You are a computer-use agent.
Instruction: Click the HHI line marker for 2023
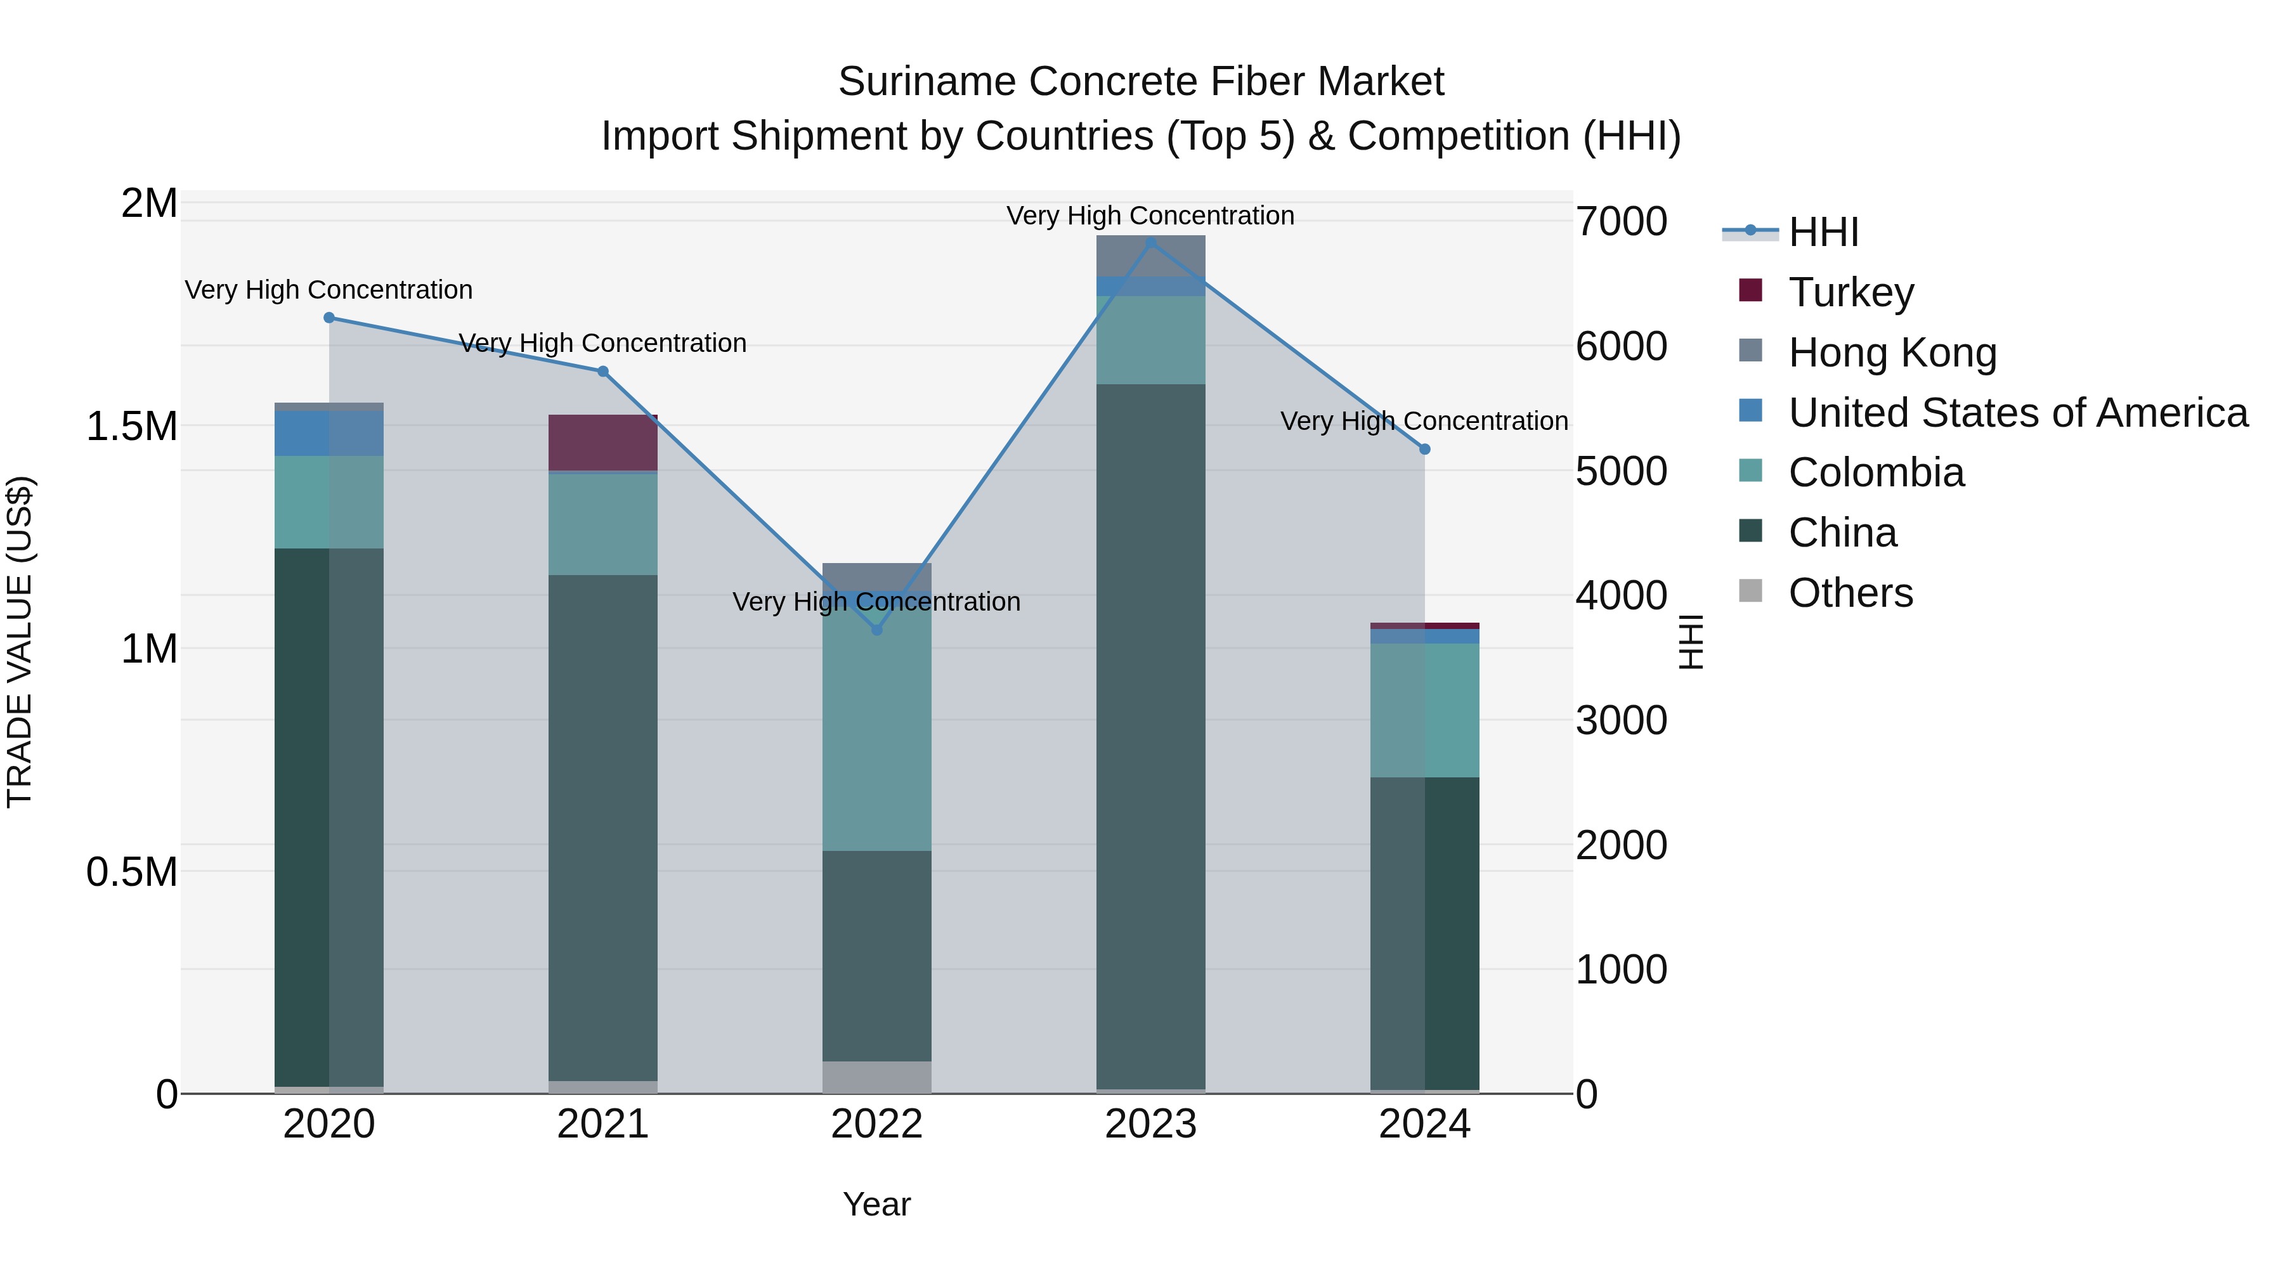[1150, 243]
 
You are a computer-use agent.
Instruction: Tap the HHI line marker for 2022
[876, 629]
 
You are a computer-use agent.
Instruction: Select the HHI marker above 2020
[328, 317]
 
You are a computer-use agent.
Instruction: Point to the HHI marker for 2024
[1424, 450]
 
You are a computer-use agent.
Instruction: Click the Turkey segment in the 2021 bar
[602, 442]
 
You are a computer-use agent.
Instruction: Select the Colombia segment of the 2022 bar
[876, 736]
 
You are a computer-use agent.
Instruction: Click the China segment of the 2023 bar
[1150, 736]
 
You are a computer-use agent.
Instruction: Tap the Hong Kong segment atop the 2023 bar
[1150, 257]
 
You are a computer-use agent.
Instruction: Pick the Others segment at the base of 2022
[876, 1077]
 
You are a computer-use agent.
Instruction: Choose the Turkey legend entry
[1850, 292]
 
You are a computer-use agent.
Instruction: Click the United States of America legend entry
[2017, 413]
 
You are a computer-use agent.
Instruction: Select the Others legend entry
[1850, 593]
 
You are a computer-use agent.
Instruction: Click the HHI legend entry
[1822, 232]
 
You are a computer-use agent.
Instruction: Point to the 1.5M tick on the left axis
[131, 426]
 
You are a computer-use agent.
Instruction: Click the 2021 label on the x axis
[602, 1124]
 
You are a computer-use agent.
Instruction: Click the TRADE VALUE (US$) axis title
[20, 642]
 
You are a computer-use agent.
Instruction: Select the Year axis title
[876, 1204]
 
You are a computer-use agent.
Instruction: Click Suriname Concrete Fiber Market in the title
[1141, 82]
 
